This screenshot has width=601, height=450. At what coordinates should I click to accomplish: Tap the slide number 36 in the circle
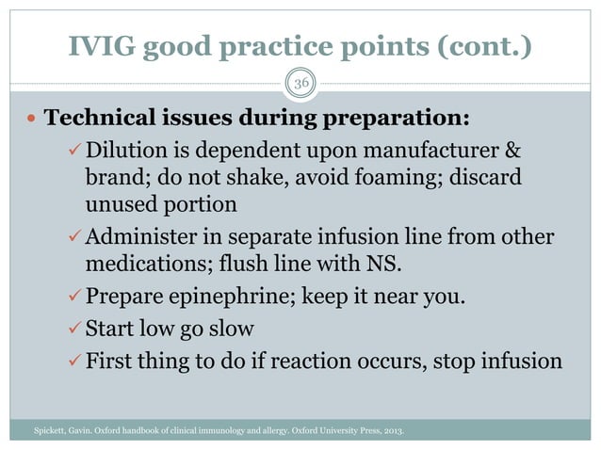301,83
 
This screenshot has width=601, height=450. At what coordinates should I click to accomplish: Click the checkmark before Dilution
74,152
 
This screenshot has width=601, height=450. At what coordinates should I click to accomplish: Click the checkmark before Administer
74,233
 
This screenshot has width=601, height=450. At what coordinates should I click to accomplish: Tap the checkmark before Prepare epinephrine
74,299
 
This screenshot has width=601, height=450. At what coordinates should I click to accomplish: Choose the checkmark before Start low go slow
74,329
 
